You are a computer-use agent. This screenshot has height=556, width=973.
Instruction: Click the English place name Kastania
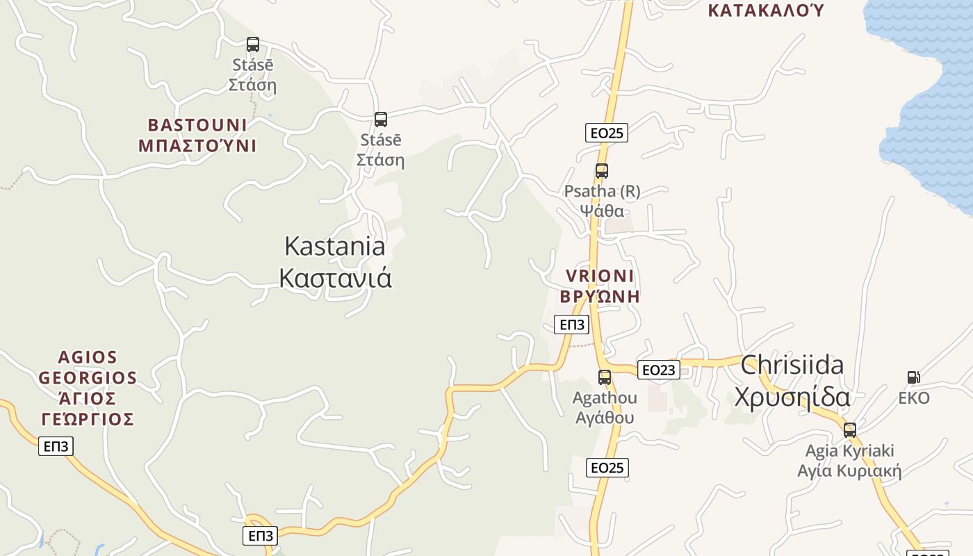coord(335,246)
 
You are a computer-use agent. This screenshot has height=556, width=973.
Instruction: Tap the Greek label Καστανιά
coord(335,278)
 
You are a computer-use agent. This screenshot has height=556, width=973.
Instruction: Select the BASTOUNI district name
coord(197,125)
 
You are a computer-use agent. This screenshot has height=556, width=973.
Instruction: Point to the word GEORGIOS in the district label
coord(88,378)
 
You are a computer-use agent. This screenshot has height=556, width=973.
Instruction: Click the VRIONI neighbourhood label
coord(600,276)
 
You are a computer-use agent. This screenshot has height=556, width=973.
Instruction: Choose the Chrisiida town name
coord(792,365)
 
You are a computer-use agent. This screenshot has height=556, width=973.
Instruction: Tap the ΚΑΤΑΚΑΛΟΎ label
coord(765,10)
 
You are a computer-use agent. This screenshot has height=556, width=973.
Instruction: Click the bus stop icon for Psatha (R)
coord(602,170)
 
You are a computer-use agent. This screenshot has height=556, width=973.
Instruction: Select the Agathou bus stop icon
coord(605,377)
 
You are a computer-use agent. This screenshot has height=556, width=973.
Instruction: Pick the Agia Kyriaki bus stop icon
coord(849,430)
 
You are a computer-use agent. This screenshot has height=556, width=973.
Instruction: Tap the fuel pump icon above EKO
coord(914,377)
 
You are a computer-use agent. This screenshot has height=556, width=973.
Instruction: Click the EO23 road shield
coord(658,370)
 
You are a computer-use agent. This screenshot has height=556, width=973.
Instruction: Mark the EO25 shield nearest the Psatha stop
coord(607,133)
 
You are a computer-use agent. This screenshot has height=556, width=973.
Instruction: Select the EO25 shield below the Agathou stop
coord(607,468)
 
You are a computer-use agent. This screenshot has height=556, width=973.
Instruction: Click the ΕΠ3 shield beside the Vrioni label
coord(571,325)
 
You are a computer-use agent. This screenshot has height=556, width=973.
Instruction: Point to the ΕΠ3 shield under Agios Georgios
coord(56,446)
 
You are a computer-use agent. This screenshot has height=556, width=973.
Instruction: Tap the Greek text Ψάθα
coord(602,211)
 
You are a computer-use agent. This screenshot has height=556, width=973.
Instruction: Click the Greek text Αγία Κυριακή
coord(849,471)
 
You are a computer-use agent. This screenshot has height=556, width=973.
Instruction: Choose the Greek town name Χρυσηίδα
coord(792,397)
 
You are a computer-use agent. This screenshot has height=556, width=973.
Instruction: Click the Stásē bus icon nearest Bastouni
coord(253,44)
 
